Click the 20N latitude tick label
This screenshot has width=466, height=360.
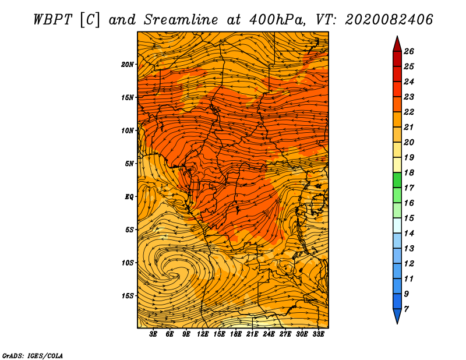click(x=128, y=65)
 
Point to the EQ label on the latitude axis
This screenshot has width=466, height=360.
click(x=129, y=197)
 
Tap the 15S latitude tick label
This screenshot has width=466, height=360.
click(x=128, y=296)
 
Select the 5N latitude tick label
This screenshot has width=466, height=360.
click(x=129, y=164)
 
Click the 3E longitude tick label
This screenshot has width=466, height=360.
click(x=153, y=334)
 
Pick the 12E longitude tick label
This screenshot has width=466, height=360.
click(x=203, y=334)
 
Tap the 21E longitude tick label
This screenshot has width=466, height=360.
click(x=252, y=334)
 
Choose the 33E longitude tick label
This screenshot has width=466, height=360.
click(x=318, y=334)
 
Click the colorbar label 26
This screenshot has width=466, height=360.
click(x=409, y=51)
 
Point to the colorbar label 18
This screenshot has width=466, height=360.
click(x=409, y=172)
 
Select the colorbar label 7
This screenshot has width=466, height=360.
click(x=406, y=309)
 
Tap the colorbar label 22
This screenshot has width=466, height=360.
click(x=409, y=112)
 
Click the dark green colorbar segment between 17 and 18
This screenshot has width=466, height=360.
click(x=397, y=180)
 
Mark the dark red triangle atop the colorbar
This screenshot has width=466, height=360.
click(x=397, y=45)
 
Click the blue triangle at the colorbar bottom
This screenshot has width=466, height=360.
click(x=397, y=316)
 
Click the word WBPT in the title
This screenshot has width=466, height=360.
click(x=52, y=20)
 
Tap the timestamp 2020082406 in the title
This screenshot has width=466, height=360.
click(x=389, y=20)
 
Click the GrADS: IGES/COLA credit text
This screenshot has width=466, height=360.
click(x=33, y=356)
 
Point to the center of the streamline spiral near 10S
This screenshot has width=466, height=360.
click(x=174, y=275)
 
